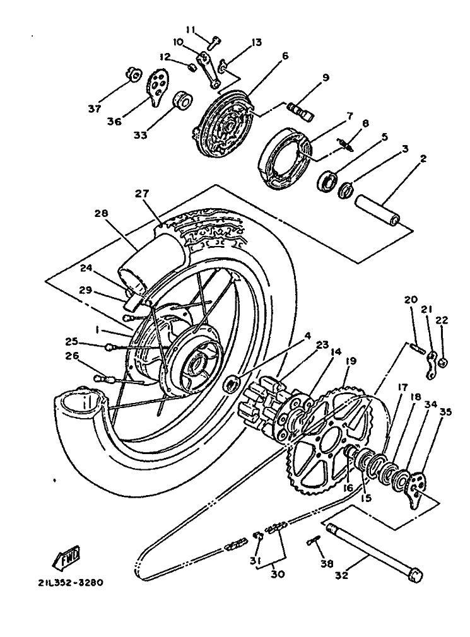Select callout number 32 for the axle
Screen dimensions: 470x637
coord(342,575)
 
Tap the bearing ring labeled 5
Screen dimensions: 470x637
coord(327,181)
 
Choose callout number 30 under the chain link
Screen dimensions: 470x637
coord(278,575)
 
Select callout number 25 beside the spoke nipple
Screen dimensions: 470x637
coord(72,341)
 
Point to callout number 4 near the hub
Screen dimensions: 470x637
coord(307,336)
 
